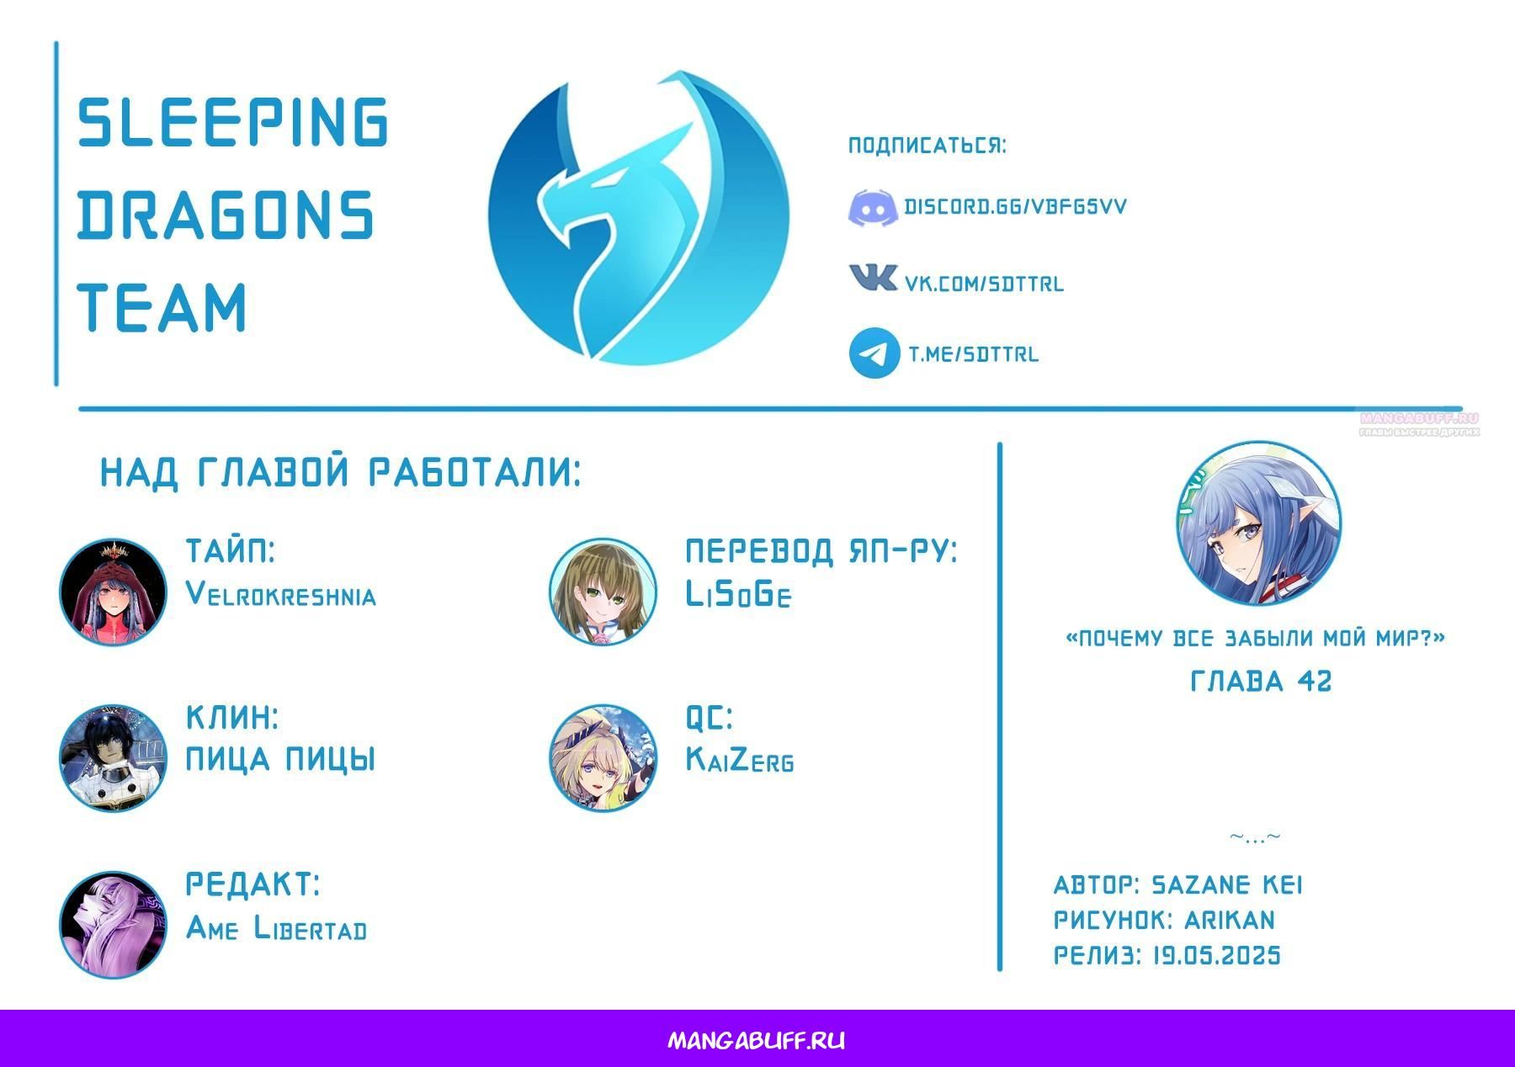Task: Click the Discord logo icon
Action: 872,208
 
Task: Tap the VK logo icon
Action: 873,277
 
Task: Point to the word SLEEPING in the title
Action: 233,121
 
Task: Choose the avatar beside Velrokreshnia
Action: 113,592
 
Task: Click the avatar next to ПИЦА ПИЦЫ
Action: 113,758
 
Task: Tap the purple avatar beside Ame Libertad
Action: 113,924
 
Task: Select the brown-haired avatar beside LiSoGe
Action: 603,592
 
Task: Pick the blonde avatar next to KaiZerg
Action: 603,758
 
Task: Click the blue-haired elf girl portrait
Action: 1258,523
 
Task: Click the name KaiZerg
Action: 740,760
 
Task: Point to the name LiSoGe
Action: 738,595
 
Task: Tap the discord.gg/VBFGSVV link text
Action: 1015,207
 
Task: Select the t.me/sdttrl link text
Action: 973,354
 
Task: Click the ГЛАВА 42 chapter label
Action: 1261,681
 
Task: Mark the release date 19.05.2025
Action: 1216,956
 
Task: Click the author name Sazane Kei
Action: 1226,885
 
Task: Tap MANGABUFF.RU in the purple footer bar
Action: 757,1041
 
